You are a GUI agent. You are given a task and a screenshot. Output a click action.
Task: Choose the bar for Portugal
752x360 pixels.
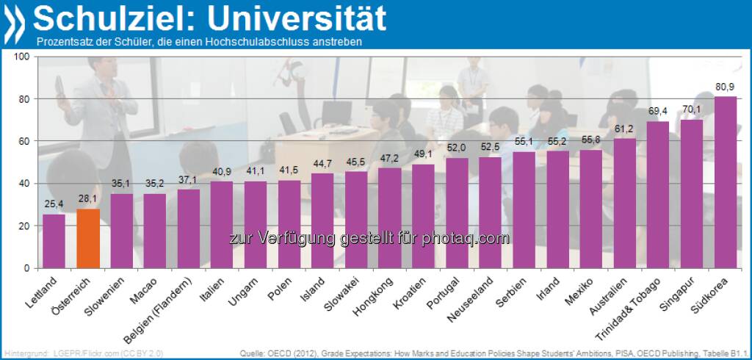tap(457, 213)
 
